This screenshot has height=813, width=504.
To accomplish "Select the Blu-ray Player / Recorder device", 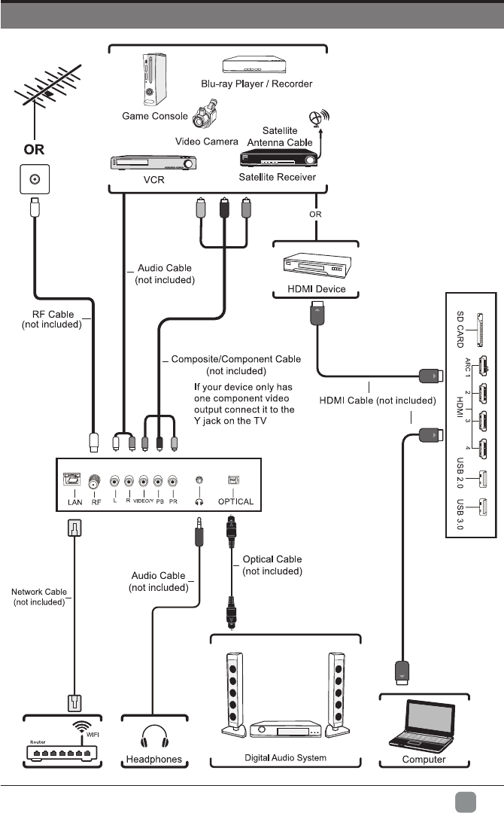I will [257, 67].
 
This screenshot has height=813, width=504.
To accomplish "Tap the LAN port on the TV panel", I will [72, 480].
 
